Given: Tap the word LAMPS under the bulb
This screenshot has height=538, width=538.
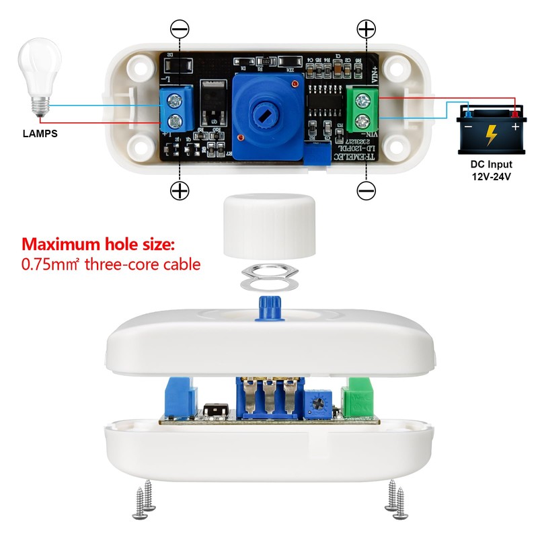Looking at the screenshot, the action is point(40,134).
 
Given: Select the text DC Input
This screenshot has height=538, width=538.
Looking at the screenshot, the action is point(492,164).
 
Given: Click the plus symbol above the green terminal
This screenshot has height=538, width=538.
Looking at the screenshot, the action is point(366,29).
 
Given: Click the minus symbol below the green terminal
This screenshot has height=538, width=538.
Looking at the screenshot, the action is point(366,191).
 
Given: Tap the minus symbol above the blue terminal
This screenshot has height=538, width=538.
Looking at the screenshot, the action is point(180,29).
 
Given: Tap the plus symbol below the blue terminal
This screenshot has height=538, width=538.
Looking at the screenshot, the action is point(180,191).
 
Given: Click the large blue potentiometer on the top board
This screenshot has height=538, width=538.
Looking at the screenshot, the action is point(265,112).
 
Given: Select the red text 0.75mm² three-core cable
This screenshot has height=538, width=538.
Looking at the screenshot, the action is point(111,264).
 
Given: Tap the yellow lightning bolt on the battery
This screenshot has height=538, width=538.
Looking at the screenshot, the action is point(492,134).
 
